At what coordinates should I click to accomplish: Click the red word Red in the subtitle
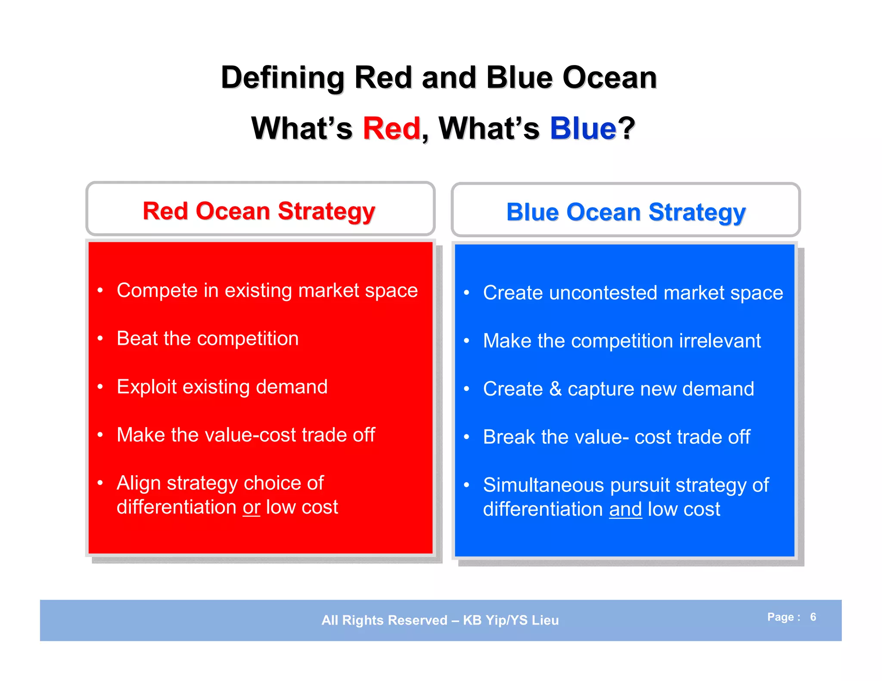(391, 128)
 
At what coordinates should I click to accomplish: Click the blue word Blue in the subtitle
(583, 128)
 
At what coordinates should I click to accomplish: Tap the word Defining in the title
(283, 77)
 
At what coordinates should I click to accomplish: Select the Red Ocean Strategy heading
(259, 211)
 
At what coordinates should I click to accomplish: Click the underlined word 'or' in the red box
(252, 508)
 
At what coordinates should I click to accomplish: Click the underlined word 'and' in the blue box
(625, 510)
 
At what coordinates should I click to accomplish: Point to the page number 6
(813, 617)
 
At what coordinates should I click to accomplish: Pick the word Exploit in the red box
(146, 387)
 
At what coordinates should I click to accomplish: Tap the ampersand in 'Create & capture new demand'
(555, 389)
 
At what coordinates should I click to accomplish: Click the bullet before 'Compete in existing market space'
(100, 291)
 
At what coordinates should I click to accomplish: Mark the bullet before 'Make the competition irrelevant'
(466, 341)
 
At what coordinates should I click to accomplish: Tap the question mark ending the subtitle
(627, 128)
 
